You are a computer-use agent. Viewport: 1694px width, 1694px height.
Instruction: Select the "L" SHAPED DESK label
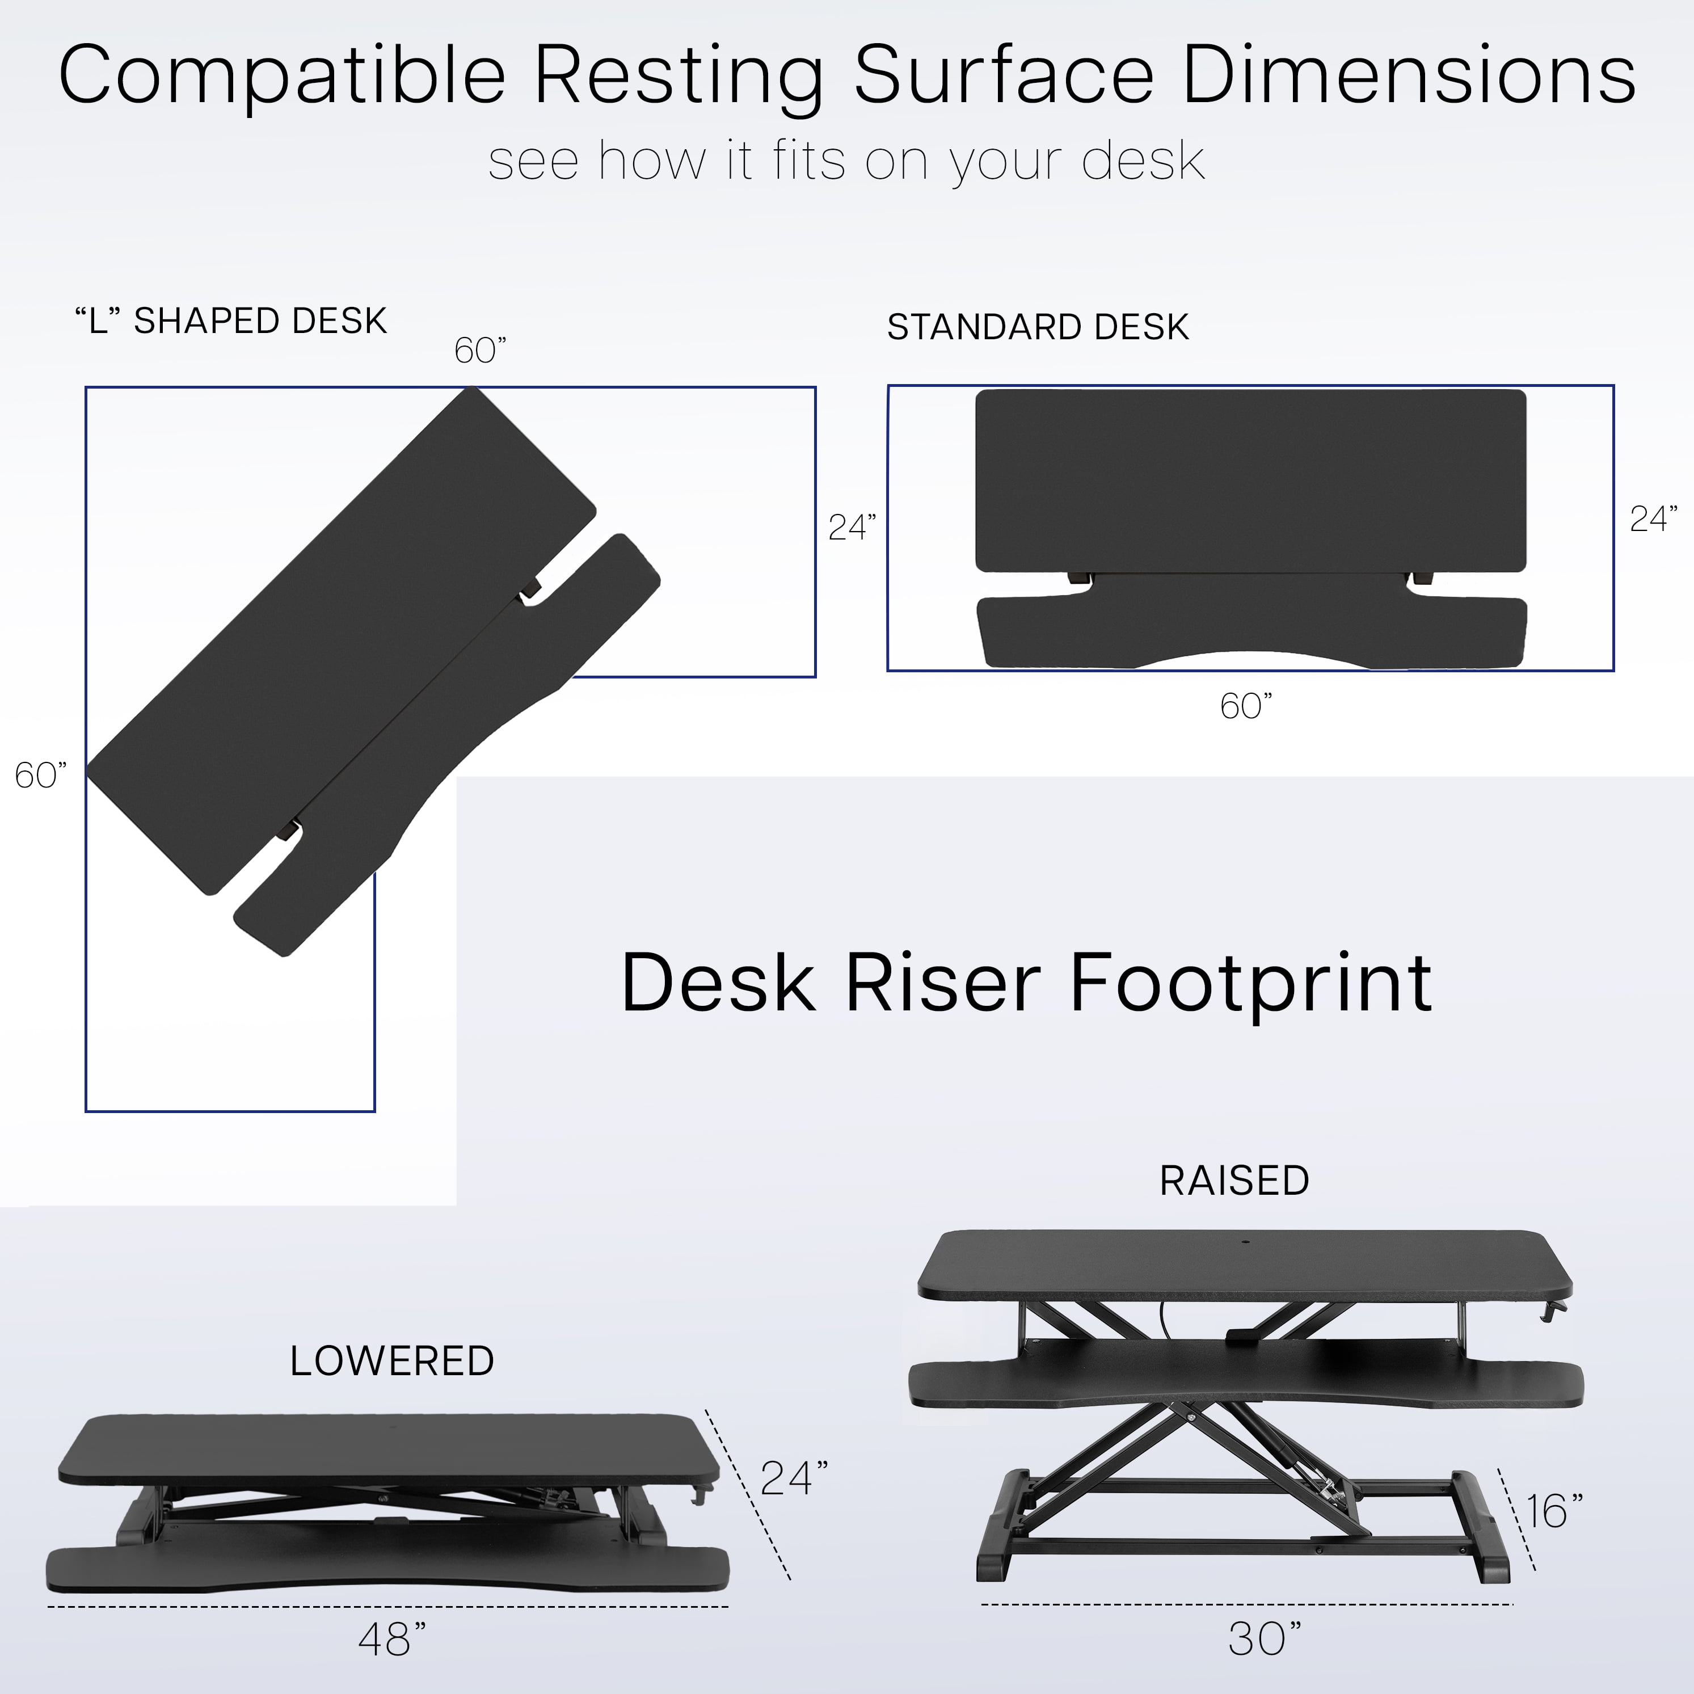(230, 321)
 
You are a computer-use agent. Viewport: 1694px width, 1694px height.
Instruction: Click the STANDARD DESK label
(1038, 327)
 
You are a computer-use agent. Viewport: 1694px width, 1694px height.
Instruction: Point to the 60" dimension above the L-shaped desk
(479, 351)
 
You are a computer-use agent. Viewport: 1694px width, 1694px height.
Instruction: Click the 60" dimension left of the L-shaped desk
(40, 775)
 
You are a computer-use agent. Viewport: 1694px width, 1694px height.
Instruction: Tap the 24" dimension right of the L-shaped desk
(852, 527)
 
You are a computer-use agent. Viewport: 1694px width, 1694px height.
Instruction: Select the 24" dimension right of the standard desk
(1653, 519)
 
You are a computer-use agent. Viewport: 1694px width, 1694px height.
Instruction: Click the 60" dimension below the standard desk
(1245, 706)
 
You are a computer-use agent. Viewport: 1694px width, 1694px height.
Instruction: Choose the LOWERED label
(392, 1361)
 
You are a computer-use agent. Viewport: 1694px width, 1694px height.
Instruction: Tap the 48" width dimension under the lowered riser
(392, 1639)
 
